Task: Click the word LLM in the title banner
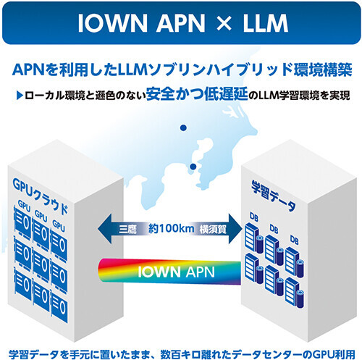[x=265, y=23]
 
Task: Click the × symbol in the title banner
[x=224, y=23]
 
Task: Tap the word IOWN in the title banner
[x=112, y=23]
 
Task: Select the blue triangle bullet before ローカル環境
[x=19, y=96]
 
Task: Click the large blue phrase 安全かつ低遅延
[x=197, y=94]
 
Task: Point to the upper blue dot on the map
[x=183, y=127]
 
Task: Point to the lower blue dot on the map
[x=193, y=167]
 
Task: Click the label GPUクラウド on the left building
[x=40, y=196]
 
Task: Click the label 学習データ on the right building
[x=273, y=196]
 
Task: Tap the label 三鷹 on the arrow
[x=127, y=229]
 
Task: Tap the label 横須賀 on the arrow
[x=213, y=229]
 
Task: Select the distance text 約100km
[x=171, y=228]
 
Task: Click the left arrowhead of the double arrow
[x=104, y=228]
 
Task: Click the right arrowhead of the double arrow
[x=235, y=228]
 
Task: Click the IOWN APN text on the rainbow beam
[x=177, y=272]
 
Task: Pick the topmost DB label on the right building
[x=253, y=217]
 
